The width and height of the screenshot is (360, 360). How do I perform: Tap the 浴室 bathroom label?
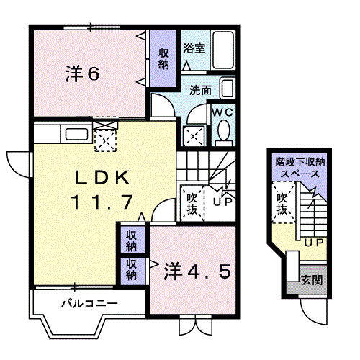click(x=194, y=48)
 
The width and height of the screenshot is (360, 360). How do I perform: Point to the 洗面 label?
click(x=200, y=91)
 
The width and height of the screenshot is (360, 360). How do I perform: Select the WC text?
click(x=221, y=112)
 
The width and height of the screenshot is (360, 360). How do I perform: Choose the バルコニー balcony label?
click(x=89, y=303)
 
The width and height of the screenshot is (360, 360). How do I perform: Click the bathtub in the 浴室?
click(x=225, y=52)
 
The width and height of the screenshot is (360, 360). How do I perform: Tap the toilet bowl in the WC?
click(x=224, y=130)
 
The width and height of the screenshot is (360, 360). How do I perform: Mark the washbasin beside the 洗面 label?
click(x=228, y=90)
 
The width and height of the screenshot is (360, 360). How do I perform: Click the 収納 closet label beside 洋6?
click(x=164, y=58)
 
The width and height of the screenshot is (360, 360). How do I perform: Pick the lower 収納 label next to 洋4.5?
click(x=132, y=269)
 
